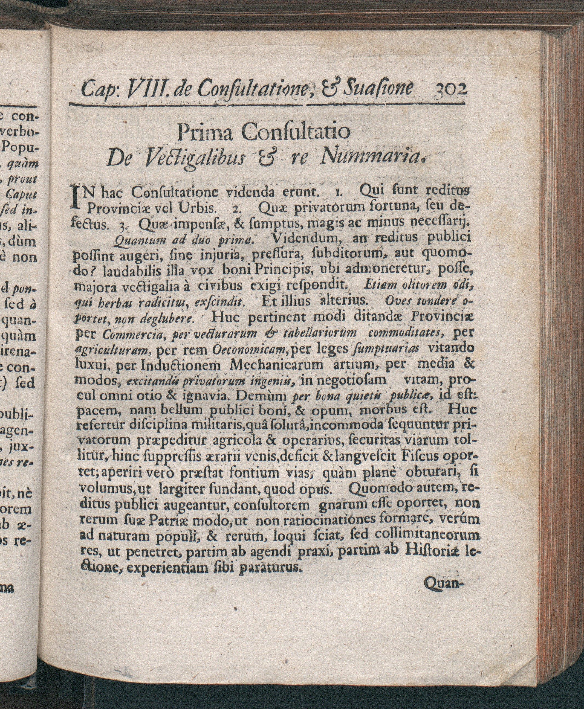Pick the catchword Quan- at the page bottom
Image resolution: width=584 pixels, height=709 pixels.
coord(445,592)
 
